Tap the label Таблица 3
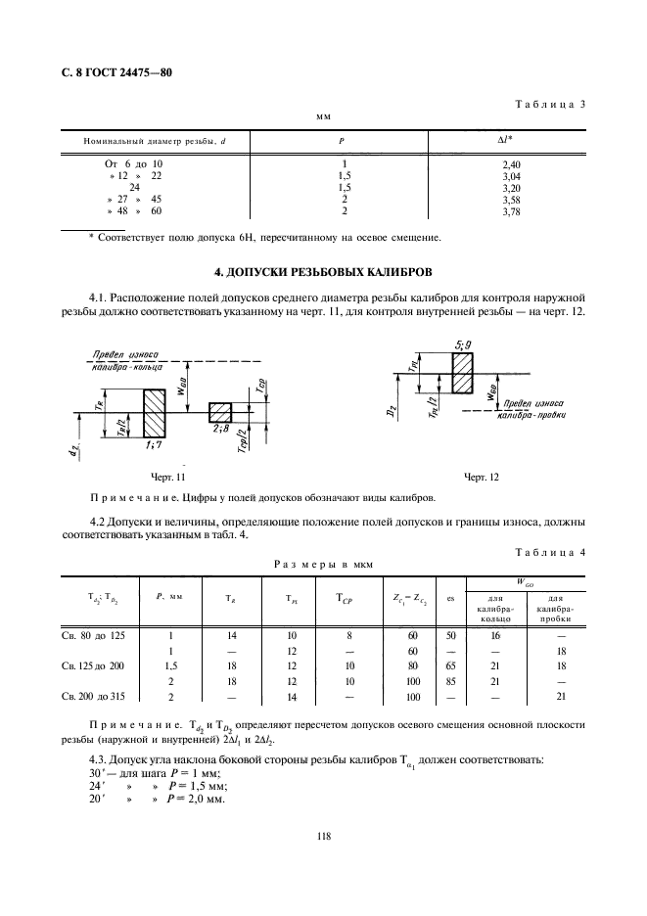click(549, 105)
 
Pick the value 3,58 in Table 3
click(510, 199)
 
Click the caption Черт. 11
click(167, 477)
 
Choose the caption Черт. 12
click(481, 477)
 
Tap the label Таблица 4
click(549, 554)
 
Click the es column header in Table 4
click(449, 599)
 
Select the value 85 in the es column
click(449, 681)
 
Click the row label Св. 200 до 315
click(97, 696)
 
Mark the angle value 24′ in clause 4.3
click(96, 785)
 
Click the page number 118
click(323, 835)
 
